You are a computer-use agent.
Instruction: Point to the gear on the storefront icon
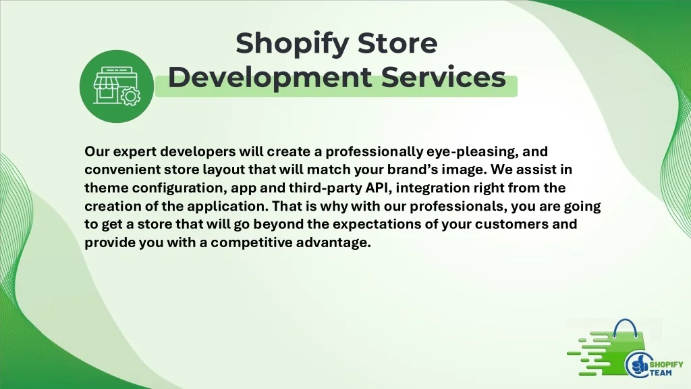click(128, 97)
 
